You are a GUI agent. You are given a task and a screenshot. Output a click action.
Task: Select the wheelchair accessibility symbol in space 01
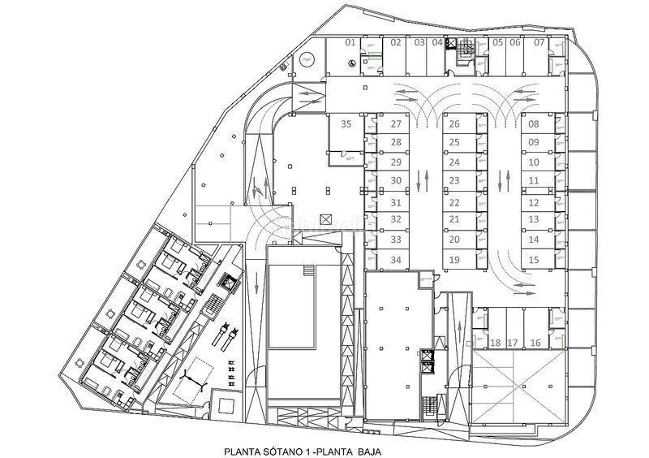click(350, 63)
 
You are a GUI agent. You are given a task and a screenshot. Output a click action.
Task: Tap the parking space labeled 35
click(346, 125)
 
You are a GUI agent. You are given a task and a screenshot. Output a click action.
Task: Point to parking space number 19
click(454, 260)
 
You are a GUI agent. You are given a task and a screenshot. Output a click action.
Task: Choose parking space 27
click(396, 125)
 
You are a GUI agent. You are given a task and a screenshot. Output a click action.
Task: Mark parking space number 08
click(534, 125)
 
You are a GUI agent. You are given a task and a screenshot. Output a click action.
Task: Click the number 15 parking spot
click(534, 260)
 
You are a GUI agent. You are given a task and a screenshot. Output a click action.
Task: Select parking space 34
click(396, 260)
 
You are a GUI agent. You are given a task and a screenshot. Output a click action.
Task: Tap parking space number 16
click(535, 343)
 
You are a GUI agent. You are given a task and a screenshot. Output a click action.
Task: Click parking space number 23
click(454, 180)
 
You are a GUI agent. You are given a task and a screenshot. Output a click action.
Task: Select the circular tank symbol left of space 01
click(307, 58)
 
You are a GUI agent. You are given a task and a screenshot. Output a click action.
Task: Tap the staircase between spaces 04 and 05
click(467, 49)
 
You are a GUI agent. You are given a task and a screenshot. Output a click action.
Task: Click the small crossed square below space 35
click(327, 219)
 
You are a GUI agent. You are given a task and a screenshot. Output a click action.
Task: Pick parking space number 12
click(534, 202)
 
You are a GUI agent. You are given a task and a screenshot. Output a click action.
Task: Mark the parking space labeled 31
click(396, 202)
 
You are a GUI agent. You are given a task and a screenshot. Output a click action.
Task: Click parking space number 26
click(454, 125)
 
